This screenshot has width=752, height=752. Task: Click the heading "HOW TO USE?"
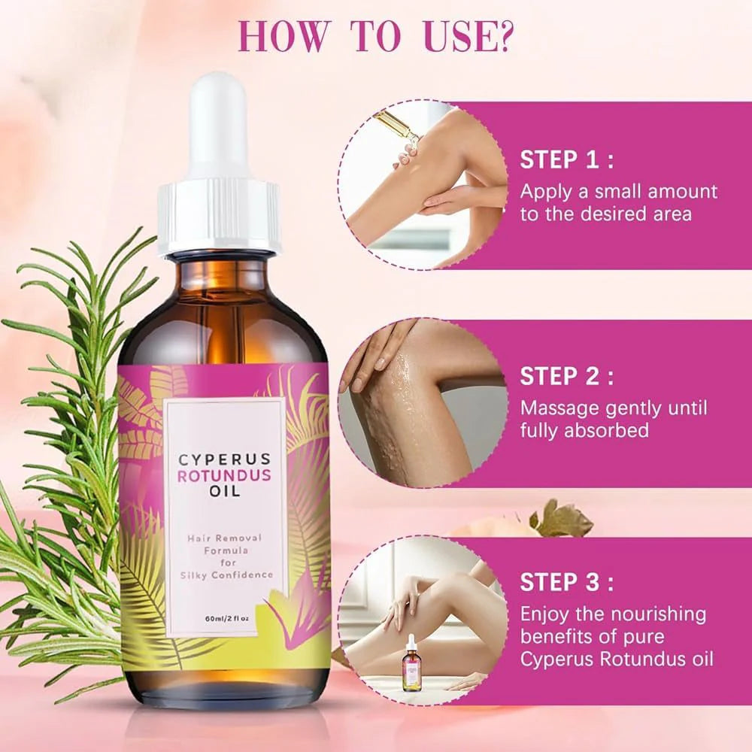pyautogui.click(x=375, y=35)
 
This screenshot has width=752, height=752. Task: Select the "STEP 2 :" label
pyautogui.click(x=567, y=376)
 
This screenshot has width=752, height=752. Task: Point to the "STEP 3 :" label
pyautogui.click(x=567, y=582)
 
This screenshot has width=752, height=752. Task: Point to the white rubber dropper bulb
pyautogui.click(x=219, y=128)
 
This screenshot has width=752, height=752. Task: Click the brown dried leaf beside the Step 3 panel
pyautogui.click(x=560, y=519)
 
